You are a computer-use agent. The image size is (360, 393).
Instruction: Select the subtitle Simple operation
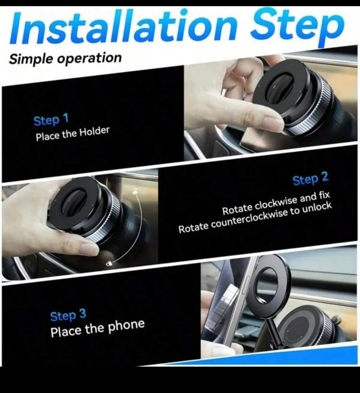65,58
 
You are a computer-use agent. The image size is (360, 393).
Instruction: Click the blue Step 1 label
51,120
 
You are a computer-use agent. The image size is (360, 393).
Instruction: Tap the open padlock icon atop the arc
134,191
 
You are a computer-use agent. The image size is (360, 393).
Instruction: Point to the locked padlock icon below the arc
109,264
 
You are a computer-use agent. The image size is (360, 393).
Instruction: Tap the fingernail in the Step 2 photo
90,248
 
